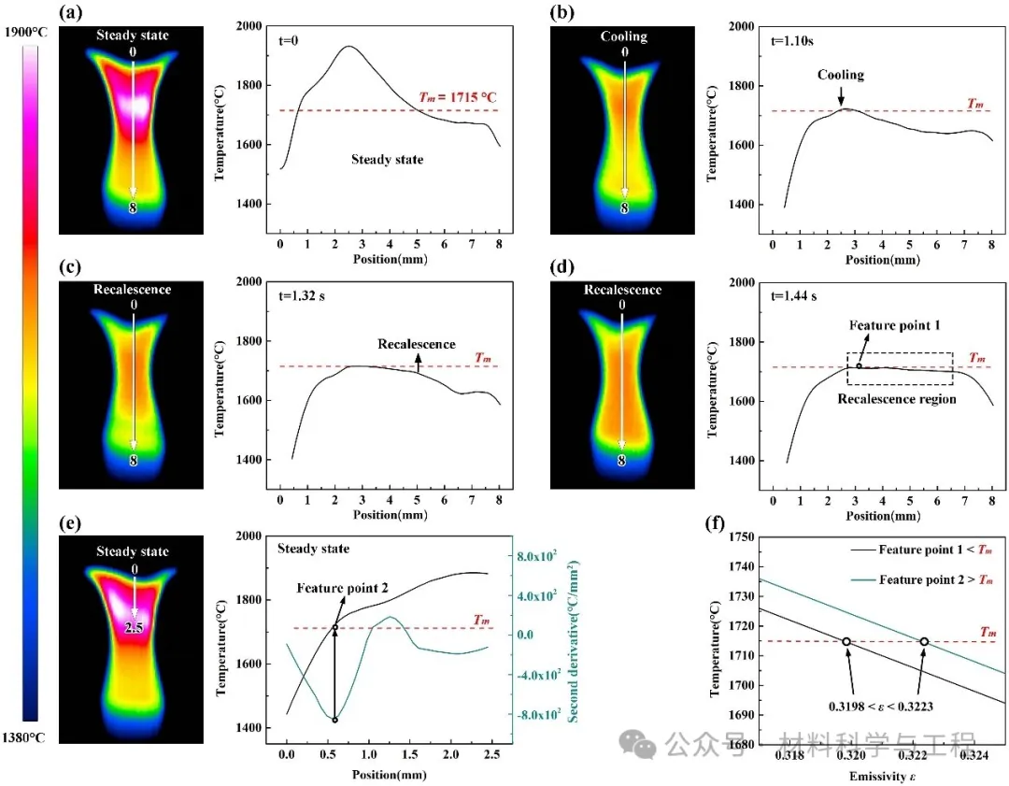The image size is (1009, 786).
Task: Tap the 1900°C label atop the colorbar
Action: [x=25, y=32]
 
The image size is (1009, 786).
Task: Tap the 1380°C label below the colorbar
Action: [x=25, y=737]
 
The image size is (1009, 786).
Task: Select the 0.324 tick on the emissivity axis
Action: [x=970, y=754]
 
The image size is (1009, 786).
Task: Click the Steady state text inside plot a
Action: [x=387, y=160]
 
